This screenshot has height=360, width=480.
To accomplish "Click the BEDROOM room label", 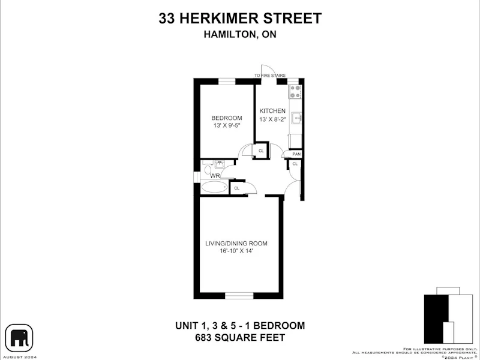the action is coord(227,118).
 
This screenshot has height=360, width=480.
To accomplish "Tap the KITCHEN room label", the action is coord(272,111).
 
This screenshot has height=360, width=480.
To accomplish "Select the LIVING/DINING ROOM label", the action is coord(236,244).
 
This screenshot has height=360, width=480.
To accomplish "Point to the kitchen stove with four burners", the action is coord(295,92).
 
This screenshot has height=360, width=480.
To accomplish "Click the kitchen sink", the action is coord(296,118).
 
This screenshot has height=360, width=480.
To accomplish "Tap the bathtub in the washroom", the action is coord(214,187).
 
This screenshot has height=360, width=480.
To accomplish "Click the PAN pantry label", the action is coord(296,154).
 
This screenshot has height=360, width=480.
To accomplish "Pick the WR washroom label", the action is coord(215,176).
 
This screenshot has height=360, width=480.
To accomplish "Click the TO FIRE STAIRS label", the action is coord(269,76).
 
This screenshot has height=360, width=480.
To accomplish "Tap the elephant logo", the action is coord(19,338).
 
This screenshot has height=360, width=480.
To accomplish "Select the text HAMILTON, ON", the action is coord(240,34).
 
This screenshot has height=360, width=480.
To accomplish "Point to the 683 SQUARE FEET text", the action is coord(240,338).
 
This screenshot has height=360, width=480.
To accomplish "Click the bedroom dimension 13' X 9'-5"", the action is coord(227,125).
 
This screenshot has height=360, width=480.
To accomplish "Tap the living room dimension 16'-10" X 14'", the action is coord(236,251).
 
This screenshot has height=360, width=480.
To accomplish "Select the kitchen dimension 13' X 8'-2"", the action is coord(272,119).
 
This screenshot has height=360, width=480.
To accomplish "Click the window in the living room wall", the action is coord(239,295).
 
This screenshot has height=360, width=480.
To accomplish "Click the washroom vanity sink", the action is coord(219,164).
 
